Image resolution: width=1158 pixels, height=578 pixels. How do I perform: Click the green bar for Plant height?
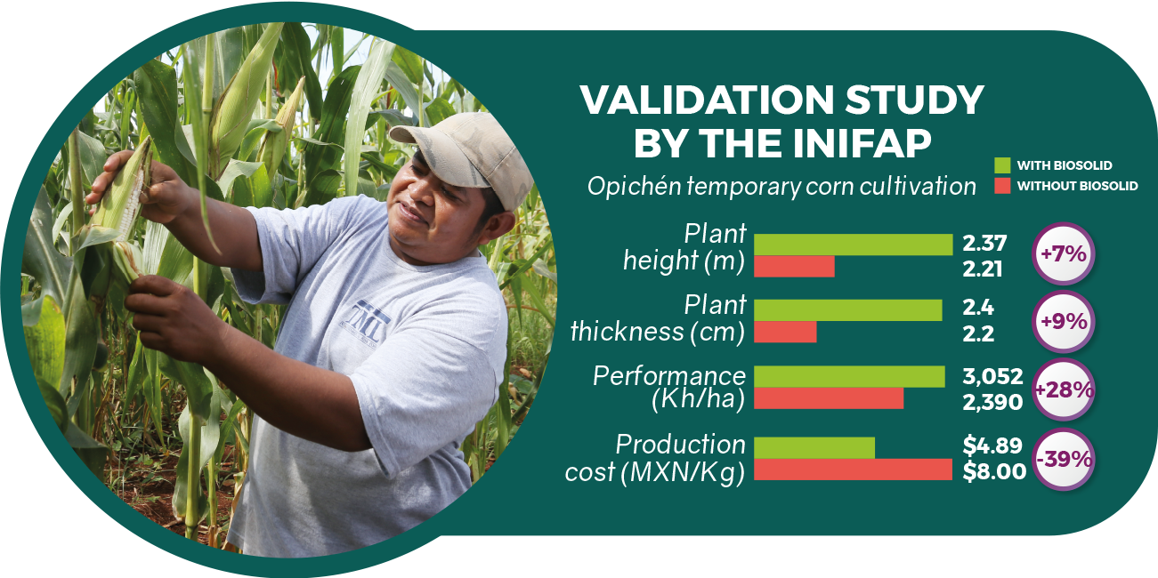click(853, 245)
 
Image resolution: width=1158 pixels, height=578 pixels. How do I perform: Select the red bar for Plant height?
click(794, 267)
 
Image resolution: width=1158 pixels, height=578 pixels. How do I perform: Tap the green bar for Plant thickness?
click(848, 310)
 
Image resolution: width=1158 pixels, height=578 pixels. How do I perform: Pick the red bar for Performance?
click(829, 398)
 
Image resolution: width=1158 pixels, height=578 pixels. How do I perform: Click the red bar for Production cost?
click(853, 470)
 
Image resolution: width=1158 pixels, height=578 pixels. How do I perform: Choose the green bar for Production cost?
click(814, 448)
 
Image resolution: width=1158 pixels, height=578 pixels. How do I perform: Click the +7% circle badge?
click(1064, 254)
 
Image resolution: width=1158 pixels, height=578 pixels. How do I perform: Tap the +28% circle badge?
click(1064, 389)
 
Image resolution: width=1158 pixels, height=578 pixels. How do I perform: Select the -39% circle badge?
click(1064, 459)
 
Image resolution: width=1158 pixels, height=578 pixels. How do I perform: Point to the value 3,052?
click(992, 376)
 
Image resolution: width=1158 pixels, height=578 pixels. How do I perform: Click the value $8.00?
click(994, 471)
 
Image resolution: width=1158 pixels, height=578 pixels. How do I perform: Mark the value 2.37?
click(984, 243)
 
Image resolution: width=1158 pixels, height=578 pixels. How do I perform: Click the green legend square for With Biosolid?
click(1002, 165)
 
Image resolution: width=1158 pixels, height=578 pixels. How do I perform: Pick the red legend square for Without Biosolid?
click(1002, 186)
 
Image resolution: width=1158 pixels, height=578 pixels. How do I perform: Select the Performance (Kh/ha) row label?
click(669, 388)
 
